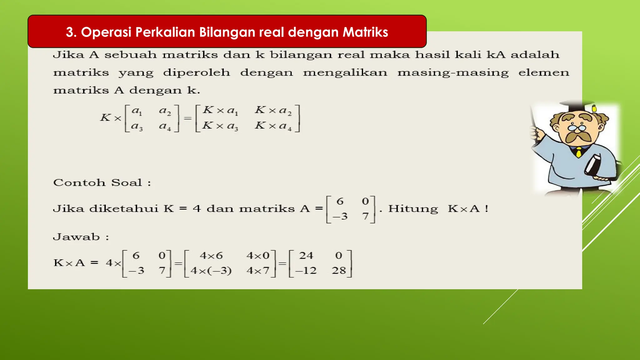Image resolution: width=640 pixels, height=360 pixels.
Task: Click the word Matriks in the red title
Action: click(365, 32)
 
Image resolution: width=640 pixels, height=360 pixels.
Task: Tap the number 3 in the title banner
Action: click(70, 32)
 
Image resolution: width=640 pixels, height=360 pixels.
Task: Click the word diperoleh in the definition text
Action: click(197, 72)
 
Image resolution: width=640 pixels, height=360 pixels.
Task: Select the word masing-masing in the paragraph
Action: click(453, 72)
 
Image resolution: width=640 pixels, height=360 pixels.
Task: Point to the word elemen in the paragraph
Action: click(544, 72)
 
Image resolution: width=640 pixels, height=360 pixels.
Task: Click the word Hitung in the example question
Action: click(413, 208)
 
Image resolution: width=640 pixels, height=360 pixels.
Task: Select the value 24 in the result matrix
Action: click(306, 256)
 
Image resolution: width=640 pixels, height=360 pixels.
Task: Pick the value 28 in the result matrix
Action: click(339, 270)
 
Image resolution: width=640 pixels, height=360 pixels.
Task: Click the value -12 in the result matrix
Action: click(306, 270)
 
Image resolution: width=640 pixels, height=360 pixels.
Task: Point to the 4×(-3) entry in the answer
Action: click(211, 270)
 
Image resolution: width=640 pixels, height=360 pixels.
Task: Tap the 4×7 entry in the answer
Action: click(258, 270)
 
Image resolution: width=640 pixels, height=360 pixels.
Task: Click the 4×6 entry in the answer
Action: click(211, 256)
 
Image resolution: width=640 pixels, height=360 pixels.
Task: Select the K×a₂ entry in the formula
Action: click(273, 110)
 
